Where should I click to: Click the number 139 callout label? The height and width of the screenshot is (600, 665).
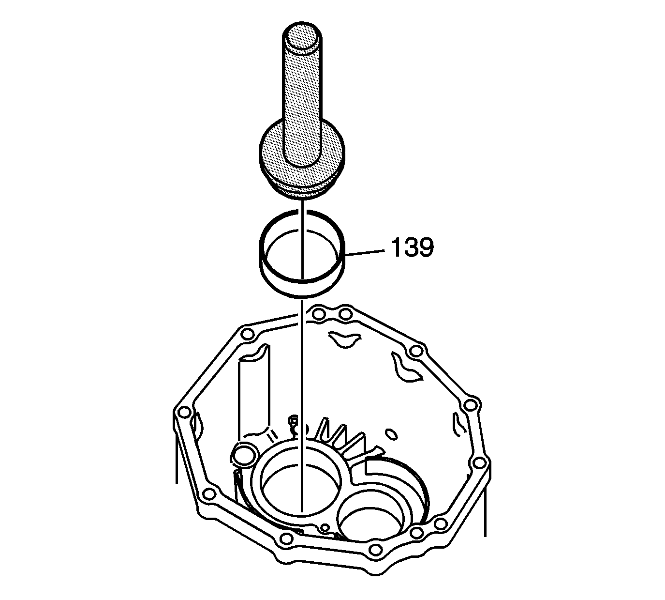412,247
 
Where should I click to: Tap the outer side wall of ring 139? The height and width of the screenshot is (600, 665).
302,290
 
